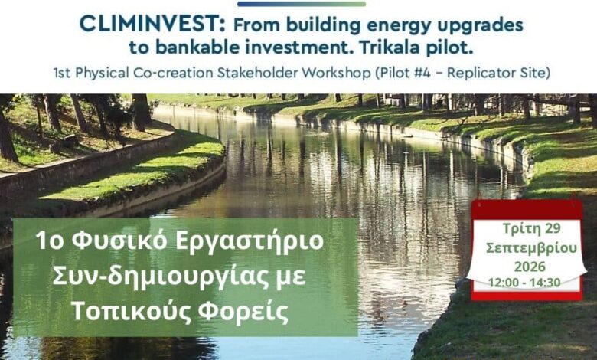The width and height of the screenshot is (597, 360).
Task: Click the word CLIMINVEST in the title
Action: point(152,25)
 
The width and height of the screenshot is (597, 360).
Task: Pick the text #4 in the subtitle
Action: point(422,73)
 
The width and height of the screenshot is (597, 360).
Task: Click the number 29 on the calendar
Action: point(553,228)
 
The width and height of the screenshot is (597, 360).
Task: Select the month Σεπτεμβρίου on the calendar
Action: point(531,248)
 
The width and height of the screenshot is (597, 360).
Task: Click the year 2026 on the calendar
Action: point(530,267)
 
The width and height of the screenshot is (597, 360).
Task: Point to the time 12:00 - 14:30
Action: point(524,283)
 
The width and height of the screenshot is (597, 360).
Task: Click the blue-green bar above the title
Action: point(301,4)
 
